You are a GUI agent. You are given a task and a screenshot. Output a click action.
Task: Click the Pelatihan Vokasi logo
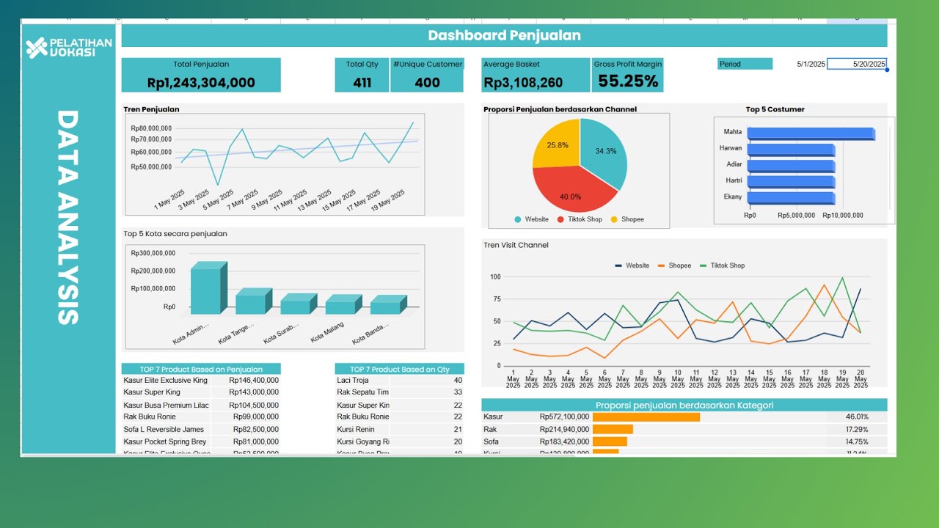(68, 47)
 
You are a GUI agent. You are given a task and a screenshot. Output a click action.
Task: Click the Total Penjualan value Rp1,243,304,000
(201, 83)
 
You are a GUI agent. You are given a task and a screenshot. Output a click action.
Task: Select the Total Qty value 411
(362, 83)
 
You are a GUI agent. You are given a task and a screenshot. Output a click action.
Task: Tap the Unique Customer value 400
(427, 83)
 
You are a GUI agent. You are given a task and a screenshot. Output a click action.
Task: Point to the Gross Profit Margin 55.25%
(628, 81)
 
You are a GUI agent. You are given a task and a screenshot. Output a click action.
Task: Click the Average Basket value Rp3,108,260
(523, 83)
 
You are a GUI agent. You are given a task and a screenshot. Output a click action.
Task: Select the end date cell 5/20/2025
(857, 64)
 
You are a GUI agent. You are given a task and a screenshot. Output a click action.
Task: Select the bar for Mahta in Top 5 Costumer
(810, 133)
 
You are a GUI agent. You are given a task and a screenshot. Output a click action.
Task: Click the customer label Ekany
(733, 197)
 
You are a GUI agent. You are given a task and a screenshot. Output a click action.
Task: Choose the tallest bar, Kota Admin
(205, 291)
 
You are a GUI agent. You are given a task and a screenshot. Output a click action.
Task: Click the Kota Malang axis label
(327, 337)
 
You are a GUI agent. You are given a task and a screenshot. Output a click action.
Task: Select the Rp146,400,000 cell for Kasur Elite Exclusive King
(254, 381)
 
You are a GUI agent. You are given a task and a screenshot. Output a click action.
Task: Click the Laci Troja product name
(352, 381)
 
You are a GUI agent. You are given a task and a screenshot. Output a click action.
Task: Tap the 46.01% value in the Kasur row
(857, 417)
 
